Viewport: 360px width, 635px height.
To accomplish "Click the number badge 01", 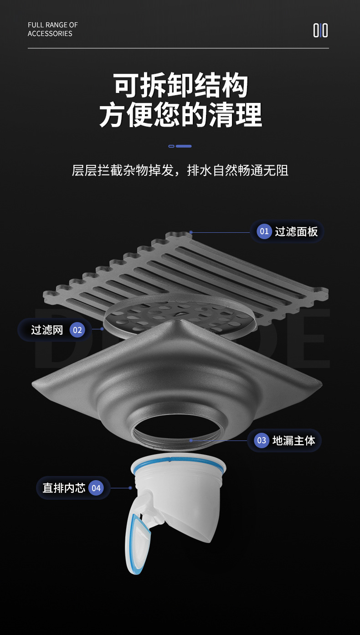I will click(x=264, y=231).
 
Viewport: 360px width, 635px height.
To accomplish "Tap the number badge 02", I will click(x=77, y=330).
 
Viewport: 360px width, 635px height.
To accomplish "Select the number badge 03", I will click(x=262, y=440).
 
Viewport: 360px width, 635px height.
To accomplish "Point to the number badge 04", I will click(x=96, y=488).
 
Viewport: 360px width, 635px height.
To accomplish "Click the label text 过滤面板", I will click(x=296, y=231).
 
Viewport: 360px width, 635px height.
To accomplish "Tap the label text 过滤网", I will click(x=47, y=330).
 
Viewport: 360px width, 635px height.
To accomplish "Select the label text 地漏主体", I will click(x=293, y=440).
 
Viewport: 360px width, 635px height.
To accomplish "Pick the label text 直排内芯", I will click(x=64, y=488).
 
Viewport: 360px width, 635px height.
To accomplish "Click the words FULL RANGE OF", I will click(x=53, y=25).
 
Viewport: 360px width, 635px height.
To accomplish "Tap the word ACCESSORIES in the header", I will click(x=50, y=34).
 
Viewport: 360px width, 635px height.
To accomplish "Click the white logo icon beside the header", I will click(x=320, y=30).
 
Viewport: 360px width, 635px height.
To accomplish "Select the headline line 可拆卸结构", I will click(x=180, y=85).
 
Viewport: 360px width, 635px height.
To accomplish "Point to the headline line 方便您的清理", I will click(x=180, y=115).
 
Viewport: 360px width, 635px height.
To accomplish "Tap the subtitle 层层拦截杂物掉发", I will click(x=123, y=171).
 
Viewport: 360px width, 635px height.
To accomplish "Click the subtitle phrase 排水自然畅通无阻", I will click(x=238, y=171).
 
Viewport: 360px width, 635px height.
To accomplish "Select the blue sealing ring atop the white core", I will click(x=178, y=461).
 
